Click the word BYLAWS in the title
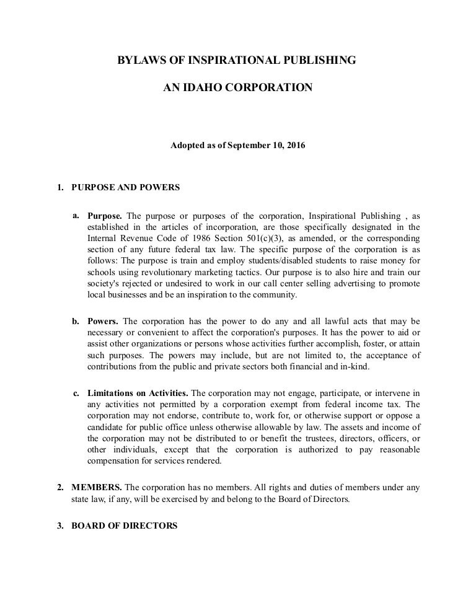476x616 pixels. [138, 61]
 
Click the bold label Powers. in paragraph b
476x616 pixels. [104, 321]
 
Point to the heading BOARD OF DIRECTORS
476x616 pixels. [125, 526]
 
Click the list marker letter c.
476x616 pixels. [76, 393]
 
